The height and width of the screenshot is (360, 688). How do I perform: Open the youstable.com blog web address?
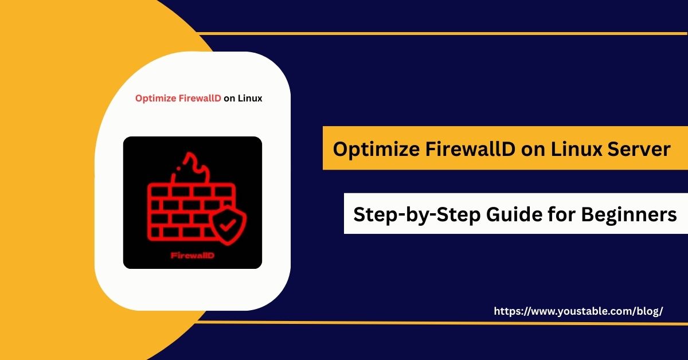[578, 311]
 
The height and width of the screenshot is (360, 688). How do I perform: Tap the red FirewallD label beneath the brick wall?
[193, 256]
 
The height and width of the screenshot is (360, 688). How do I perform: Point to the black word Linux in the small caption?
[250, 98]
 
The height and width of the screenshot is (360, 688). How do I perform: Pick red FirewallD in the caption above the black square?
[200, 98]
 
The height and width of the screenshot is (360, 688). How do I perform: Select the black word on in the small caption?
[229, 98]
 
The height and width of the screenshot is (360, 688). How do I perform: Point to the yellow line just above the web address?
[436, 322]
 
